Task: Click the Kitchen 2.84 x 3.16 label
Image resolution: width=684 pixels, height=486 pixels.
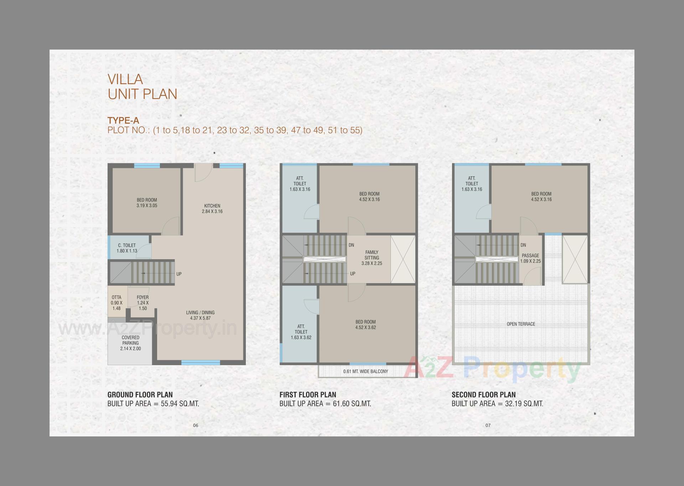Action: point(212,209)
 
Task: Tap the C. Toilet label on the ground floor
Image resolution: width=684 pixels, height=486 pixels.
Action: point(127,248)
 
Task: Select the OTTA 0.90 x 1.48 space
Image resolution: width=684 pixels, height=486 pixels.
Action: point(116,303)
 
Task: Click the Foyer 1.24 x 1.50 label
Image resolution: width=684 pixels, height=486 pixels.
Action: point(142,303)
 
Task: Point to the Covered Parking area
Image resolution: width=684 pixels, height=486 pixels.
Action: point(130,343)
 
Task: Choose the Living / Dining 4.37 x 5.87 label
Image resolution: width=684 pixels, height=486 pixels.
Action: point(200,315)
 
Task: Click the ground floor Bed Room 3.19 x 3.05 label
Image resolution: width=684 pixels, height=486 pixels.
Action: point(147,203)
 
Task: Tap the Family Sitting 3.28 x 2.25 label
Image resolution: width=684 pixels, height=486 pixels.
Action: point(372,258)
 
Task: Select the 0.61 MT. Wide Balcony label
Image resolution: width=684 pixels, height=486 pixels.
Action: point(366,371)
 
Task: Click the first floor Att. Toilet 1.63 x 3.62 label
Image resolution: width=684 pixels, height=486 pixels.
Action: point(301,332)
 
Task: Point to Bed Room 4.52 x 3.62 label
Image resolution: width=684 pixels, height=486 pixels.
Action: point(366,324)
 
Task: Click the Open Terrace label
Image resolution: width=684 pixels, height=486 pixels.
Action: point(521,324)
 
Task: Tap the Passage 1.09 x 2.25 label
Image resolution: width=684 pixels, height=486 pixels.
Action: point(530,258)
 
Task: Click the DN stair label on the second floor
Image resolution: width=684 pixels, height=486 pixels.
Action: point(523,245)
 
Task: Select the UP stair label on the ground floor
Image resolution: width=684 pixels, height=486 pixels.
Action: point(179,274)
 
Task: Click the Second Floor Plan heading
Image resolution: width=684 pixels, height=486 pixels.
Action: point(483,395)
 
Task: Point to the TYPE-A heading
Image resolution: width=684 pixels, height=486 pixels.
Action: point(123,121)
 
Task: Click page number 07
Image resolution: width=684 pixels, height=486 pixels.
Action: point(488,425)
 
